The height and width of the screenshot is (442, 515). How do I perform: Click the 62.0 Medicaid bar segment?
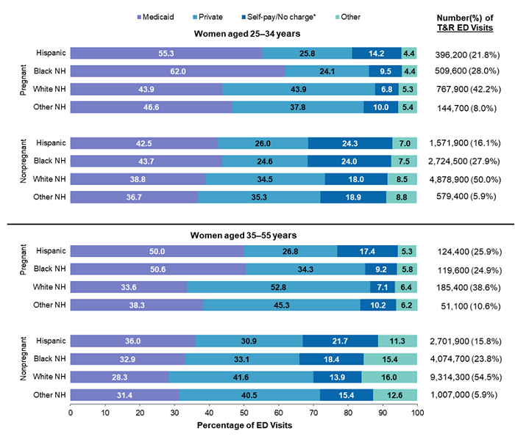coord(177,71)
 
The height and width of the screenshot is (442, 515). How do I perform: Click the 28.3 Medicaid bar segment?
coord(119,377)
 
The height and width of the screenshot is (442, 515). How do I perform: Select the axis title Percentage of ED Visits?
coord(244,425)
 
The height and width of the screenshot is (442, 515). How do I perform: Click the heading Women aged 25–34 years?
coord(243,34)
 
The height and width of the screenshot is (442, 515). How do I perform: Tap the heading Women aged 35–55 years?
coord(243,236)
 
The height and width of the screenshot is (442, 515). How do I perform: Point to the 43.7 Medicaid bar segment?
coord(146,161)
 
